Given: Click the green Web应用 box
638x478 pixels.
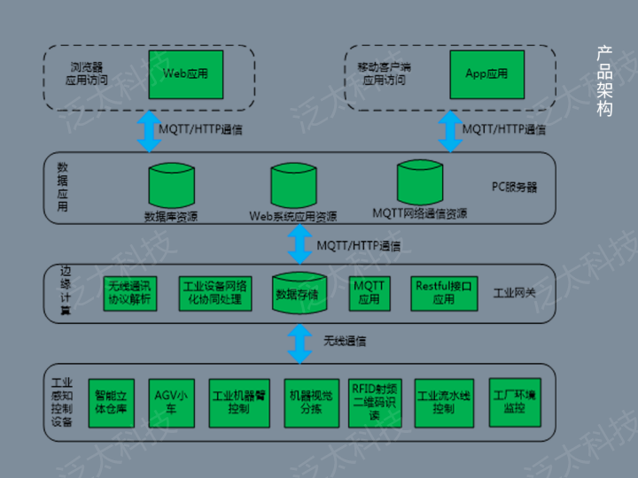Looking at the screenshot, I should (184, 74).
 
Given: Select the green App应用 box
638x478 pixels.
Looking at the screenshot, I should (486, 74).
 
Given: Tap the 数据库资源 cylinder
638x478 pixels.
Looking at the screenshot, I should (171, 187).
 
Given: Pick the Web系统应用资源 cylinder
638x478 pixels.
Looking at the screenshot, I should (294, 187).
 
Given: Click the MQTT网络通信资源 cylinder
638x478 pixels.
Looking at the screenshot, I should (419, 183).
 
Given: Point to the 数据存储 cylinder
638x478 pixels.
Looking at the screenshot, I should (300, 292).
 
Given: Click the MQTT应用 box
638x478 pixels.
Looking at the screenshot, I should (369, 293).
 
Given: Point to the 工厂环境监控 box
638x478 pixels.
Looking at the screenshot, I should (514, 403).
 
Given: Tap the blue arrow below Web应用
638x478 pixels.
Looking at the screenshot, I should (145, 131).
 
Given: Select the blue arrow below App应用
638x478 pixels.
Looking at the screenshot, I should (449, 131).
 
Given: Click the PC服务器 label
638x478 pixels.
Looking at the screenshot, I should (514, 187).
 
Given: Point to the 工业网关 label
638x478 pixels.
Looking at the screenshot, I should (514, 292).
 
